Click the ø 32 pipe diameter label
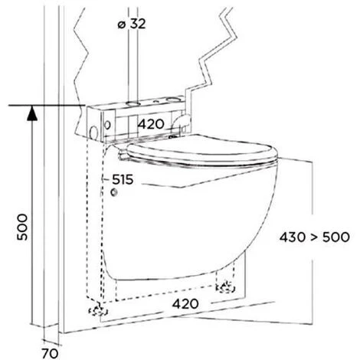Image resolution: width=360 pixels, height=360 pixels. (x=132, y=25)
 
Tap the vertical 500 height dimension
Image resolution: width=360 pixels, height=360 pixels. (x=22, y=227)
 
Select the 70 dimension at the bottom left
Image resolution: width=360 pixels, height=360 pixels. (x=50, y=354)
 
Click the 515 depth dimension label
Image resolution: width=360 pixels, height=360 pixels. (x=123, y=179)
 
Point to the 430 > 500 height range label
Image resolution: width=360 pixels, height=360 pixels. (x=314, y=237)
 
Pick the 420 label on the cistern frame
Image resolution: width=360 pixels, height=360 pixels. (x=151, y=124)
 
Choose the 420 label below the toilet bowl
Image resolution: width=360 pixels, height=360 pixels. (x=185, y=304)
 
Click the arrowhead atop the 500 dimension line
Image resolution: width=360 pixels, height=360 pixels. (x=32, y=113)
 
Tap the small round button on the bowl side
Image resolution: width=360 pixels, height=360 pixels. (x=114, y=192)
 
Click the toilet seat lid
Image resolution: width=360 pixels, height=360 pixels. (x=201, y=151)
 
